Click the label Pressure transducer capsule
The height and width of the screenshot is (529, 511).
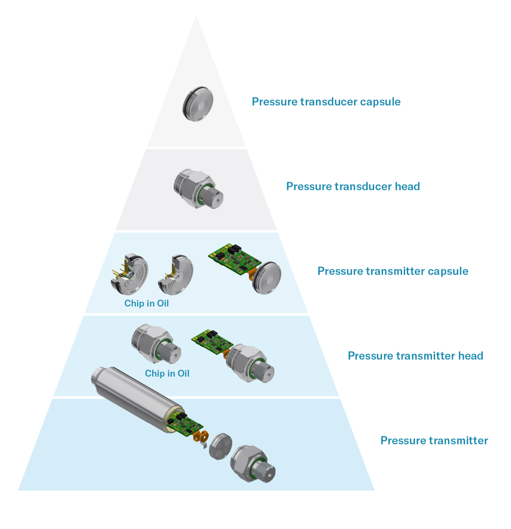point(326,102)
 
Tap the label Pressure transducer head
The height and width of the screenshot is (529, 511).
point(353,186)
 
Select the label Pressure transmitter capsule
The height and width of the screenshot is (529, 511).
point(393,271)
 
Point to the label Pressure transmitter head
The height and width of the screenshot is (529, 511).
point(415,356)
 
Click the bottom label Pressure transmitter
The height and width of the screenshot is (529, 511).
point(434,440)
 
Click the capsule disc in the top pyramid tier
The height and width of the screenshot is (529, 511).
point(198,104)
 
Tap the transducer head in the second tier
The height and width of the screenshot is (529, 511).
point(199,189)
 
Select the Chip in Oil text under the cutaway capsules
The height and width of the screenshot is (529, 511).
point(147,303)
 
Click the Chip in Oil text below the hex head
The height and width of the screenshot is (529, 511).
point(167,373)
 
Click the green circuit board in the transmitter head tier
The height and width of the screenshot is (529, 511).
point(212,342)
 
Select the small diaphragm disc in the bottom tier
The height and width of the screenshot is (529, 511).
point(220,447)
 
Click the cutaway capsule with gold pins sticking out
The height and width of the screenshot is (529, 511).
point(130,274)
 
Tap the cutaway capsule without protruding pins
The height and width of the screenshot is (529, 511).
point(176,275)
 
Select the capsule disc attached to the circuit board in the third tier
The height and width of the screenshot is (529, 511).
point(267,278)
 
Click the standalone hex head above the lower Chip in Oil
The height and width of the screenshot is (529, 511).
point(156,344)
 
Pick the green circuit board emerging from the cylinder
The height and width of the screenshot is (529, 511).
point(184,425)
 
